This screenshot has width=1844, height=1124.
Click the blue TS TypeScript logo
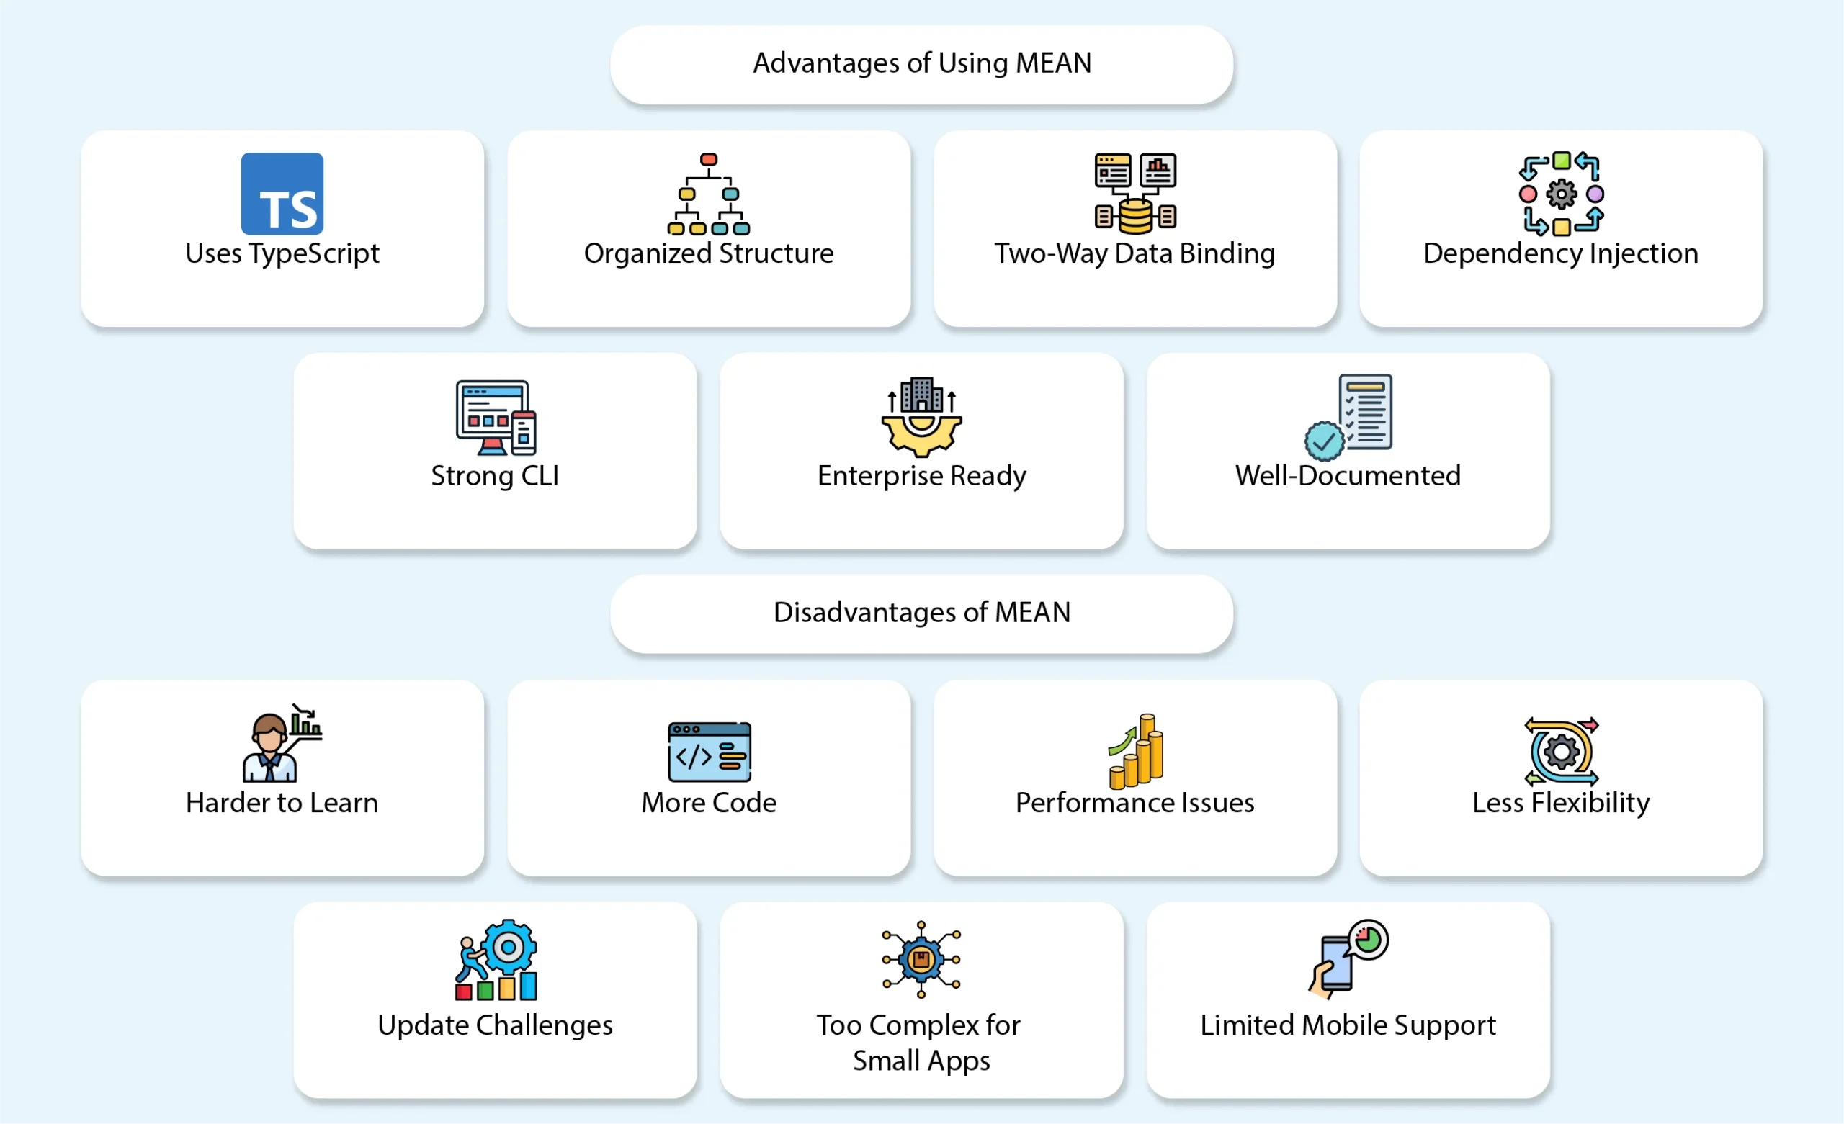[282, 194]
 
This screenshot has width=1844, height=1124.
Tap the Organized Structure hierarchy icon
[708, 194]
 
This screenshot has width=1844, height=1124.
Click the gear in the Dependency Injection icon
[1561, 194]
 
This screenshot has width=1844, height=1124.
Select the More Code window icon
[709, 751]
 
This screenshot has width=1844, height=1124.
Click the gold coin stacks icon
[1136, 751]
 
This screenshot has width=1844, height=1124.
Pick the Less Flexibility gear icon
[1561, 751]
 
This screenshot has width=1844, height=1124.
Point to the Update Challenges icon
[496, 960]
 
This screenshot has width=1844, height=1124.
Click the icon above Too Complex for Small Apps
[921, 958]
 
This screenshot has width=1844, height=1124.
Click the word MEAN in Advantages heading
[1053, 63]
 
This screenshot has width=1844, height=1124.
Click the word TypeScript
[314, 253]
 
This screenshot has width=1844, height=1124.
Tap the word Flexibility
[1590, 803]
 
